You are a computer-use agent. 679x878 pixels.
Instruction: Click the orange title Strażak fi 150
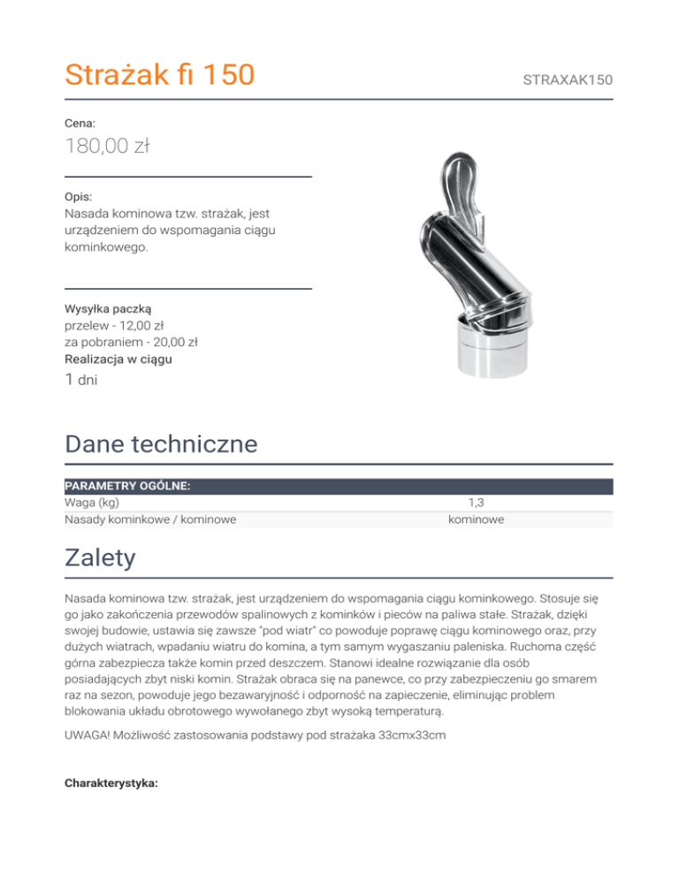pos(160,74)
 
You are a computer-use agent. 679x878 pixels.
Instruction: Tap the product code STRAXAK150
pos(568,80)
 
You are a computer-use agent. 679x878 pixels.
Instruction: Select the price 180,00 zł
pos(107,145)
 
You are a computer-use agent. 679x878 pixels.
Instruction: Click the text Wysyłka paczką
pos(109,308)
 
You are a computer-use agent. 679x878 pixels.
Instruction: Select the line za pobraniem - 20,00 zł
pos(131,342)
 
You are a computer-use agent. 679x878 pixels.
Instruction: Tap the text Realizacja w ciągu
pos(118,360)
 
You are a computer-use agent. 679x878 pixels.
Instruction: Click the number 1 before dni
pos(70,380)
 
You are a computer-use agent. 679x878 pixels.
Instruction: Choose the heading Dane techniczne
pos(161,443)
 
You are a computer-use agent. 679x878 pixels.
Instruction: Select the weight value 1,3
pos(476,503)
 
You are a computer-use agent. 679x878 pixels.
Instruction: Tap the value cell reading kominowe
pos(476,519)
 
